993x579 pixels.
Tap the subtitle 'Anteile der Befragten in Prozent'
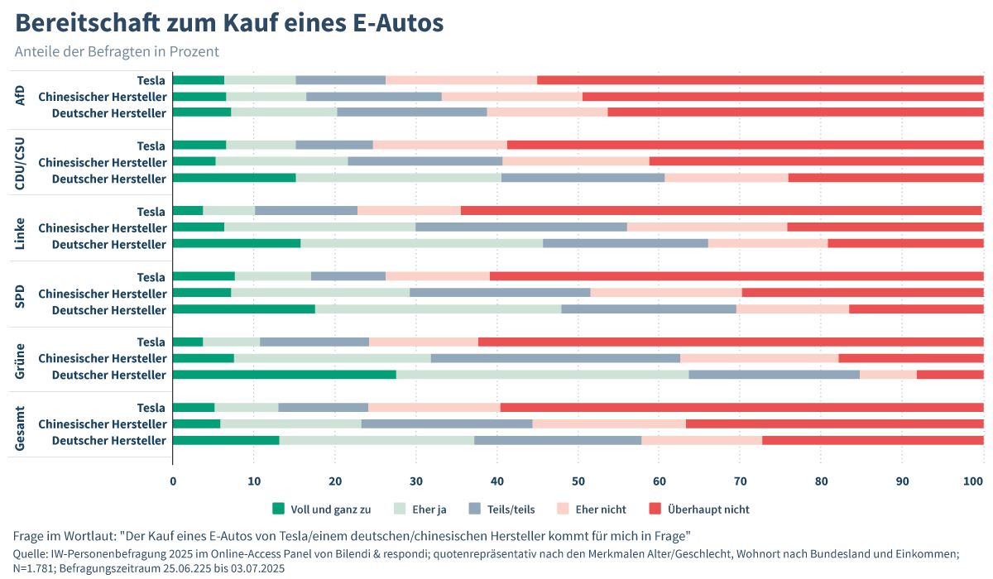(117, 51)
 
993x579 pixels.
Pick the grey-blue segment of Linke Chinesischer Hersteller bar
(520, 227)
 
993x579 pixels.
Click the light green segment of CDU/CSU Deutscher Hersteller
(398, 178)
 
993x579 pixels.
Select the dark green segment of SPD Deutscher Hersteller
(243, 309)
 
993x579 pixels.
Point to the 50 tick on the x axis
(578, 480)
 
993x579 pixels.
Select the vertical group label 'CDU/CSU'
(21, 162)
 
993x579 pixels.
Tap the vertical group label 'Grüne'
(21, 359)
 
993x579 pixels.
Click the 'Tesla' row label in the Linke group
(151, 212)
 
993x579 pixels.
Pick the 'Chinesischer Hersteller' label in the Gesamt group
(103, 424)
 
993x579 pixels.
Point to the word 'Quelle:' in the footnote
(31, 553)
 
